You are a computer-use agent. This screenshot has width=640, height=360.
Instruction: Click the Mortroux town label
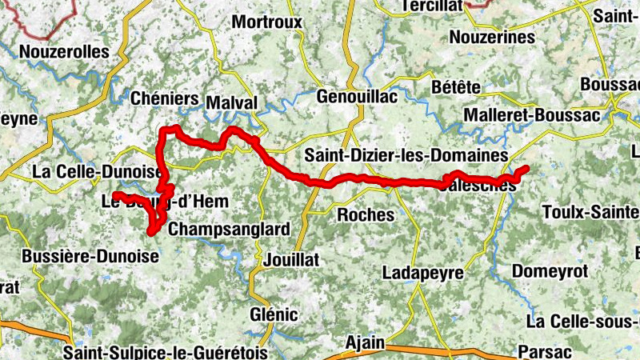[x=267, y=22]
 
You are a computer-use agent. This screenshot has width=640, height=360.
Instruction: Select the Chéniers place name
[x=163, y=98]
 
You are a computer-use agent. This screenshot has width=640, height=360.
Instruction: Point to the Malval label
[x=232, y=103]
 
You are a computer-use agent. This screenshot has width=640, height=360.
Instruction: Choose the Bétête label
[x=455, y=86]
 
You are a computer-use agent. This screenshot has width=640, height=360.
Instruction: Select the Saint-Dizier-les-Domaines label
[x=406, y=154]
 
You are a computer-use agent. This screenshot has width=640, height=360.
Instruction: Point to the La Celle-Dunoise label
[x=97, y=171]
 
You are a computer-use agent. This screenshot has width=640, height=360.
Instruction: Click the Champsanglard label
[x=230, y=230]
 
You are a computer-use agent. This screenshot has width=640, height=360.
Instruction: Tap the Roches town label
[x=366, y=214]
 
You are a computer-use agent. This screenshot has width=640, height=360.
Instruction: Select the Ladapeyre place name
[x=423, y=273]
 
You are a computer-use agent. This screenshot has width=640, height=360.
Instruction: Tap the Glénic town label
[x=274, y=314]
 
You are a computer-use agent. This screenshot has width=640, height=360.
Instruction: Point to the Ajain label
[x=365, y=342]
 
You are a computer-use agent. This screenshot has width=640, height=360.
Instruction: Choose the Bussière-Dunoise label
[x=90, y=256]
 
